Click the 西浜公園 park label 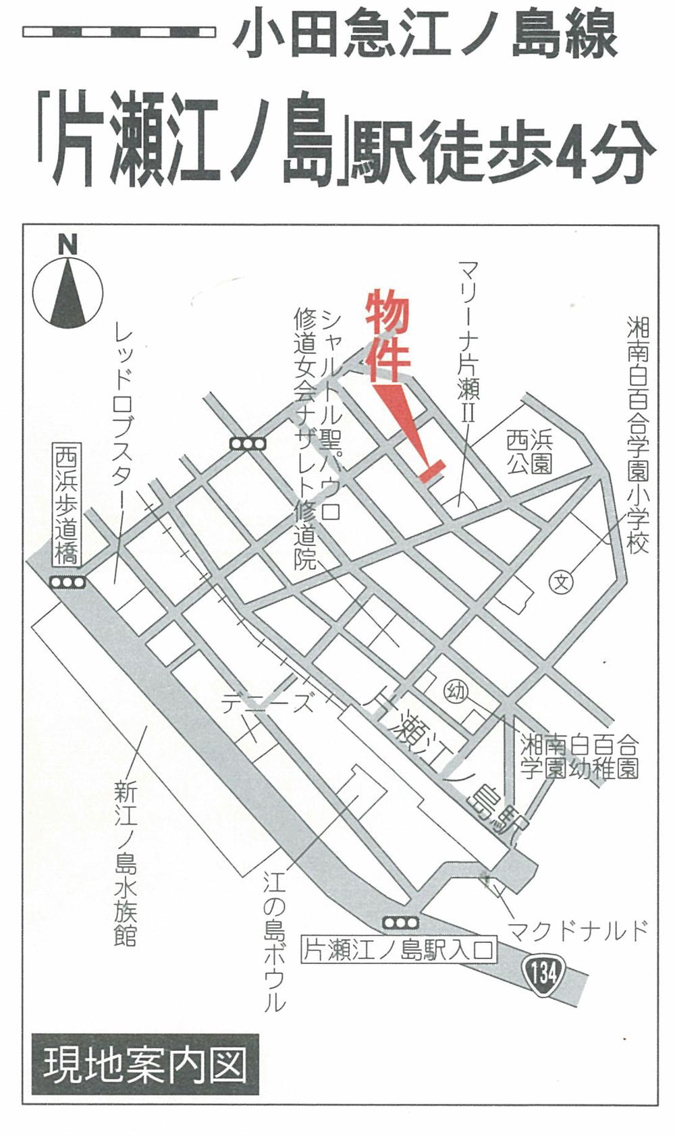(x=529, y=452)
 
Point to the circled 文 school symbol (x=560, y=581)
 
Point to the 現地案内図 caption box (x=144, y=1065)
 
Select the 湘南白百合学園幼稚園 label (x=578, y=757)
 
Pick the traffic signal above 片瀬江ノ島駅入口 (x=400, y=922)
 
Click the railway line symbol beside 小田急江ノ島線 (x=119, y=32)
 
